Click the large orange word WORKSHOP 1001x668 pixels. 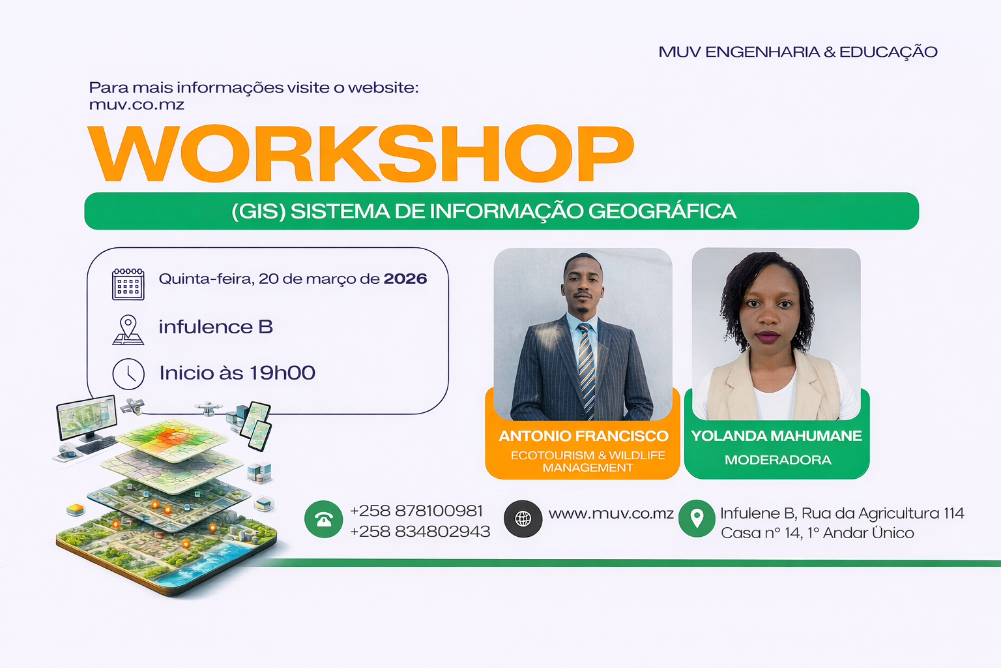[x=360, y=153]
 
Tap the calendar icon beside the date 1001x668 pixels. [x=128, y=284]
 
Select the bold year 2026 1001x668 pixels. [x=405, y=279]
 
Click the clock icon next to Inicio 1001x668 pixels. [x=128, y=374]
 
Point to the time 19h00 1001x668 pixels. [x=282, y=372]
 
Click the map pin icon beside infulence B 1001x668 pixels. [x=128, y=329]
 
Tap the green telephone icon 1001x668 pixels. [x=323, y=519]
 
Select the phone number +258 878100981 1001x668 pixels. [x=416, y=511]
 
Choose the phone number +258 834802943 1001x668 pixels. [x=420, y=532]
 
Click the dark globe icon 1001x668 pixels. [x=523, y=519]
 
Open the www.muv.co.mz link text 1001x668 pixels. [x=611, y=513]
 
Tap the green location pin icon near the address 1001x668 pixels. [x=697, y=519]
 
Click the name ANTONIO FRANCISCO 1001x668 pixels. [x=584, y=436]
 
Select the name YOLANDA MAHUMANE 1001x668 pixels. [x=776, y=436]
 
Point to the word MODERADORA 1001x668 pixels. [x=778, y=460]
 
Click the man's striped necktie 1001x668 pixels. [x=587, y=369]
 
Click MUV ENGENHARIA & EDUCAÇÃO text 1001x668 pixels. [x=798, y=52]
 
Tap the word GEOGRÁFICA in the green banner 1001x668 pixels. [x=662, y=211]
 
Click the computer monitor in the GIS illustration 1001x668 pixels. [x=87, y=418]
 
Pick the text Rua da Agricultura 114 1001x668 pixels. [x=883, y=513]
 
